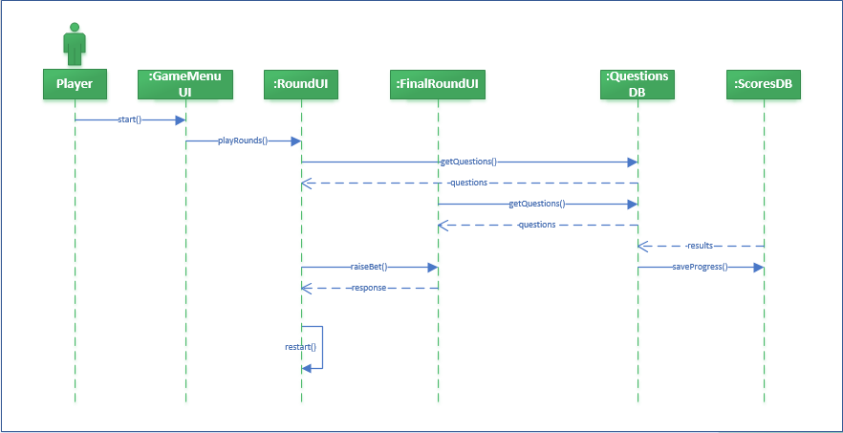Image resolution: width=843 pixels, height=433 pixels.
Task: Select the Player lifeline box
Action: pyautogui.click(x=75, y=84)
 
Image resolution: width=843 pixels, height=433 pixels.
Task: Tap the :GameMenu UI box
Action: pyautogui.click(x=185, y=84)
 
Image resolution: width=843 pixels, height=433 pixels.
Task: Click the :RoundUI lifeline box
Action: pyautogui.click(x=300, y=84)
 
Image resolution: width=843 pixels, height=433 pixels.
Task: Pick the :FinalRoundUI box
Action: pyautogui.click(x=438, y=84)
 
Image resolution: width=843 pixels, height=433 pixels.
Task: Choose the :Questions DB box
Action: pyautogui.click(x=638, y=84)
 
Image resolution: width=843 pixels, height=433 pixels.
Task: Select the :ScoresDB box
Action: pyautogui.click(x=764, y=84)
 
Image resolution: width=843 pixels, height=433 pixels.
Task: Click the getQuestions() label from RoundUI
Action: pyautogui.click(x=468, y=162)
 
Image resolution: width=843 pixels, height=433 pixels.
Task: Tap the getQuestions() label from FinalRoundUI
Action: pyautogui.click(x=536, y=204)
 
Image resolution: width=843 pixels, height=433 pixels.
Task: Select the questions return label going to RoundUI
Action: pyautogui.click(x=467, y=183)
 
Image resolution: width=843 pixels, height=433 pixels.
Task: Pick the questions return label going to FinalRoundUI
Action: pyautogui.click(x=536, y=225)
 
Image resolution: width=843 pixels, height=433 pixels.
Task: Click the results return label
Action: pyautogui.click(x=700, y=246)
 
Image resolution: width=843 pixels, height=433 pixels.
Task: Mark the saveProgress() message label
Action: pyautogui.click(x=700, y=267)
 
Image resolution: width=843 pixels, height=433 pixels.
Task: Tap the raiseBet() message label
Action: pyautogui.click(x=368, y=267)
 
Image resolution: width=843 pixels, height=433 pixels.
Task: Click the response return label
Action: pyautogui.click(x=368, y=288)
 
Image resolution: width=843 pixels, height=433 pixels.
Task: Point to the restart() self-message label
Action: pyautogui.click(x=300, y=347)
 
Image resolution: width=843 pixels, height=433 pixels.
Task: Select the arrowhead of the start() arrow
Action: pyautogui.click(x=180, y=120)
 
